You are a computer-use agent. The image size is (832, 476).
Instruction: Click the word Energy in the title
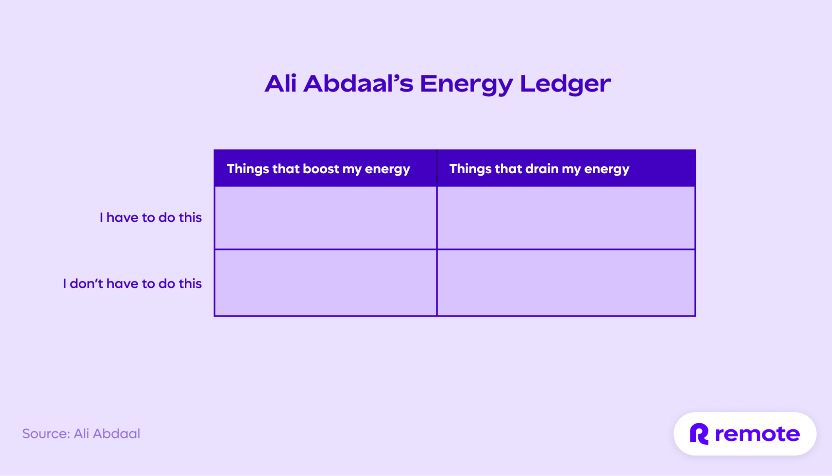[466, 84]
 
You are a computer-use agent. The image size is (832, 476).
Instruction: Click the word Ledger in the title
[565, 84]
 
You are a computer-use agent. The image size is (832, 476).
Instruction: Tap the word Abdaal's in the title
[358, 84]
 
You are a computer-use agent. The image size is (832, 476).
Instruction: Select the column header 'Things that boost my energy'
[318, 169]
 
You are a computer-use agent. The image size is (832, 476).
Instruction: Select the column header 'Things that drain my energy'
[539, 169]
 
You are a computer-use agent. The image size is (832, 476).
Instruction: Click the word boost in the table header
[321, 169]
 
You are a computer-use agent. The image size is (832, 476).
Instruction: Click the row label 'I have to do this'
[151, 217]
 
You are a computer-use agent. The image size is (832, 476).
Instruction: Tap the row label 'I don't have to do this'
[132, 284]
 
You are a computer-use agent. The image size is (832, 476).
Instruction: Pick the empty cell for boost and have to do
[325, 217]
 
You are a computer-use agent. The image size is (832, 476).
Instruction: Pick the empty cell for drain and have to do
[566, 217]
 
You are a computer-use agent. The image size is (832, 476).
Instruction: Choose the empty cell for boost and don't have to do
[325, 283]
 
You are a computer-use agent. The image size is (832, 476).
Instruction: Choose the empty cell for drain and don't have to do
[566, 283]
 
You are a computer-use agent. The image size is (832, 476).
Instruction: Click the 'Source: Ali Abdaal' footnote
[81, 434]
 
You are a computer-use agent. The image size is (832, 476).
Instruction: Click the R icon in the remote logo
[699, 434]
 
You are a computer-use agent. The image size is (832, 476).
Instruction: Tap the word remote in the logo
[757, 434]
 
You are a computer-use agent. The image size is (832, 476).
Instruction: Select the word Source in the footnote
[46, 434]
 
